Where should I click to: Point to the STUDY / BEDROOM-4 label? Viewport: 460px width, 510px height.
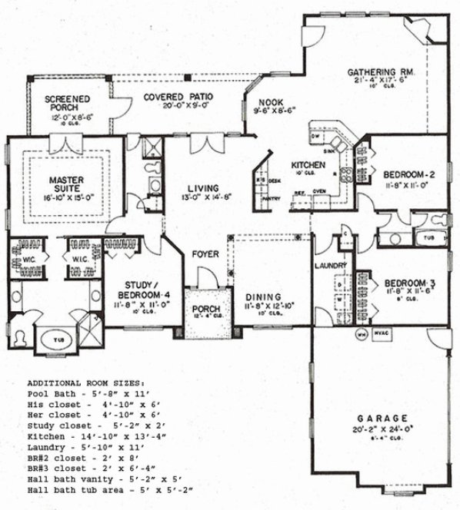(x=139, y=290)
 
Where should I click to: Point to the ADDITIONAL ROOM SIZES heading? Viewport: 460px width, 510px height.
(x=85, y=382)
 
